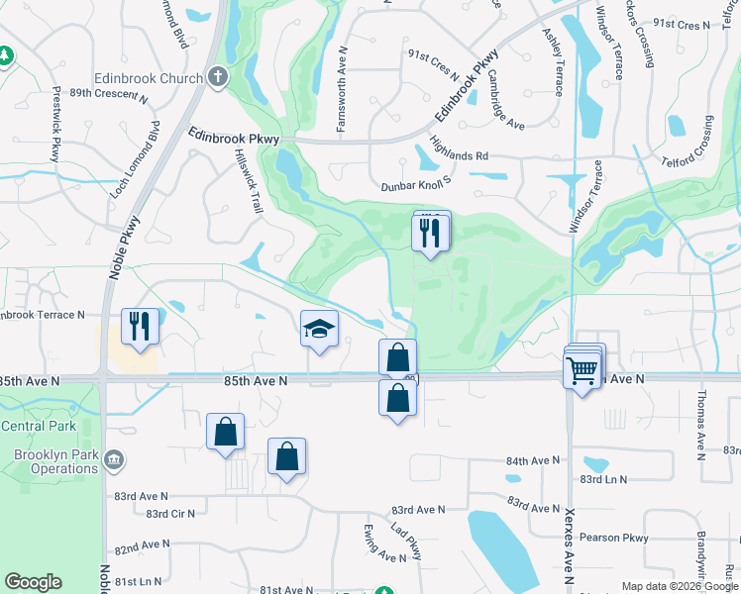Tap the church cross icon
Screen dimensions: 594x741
[218, 77]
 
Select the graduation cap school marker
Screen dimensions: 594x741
[320, 330]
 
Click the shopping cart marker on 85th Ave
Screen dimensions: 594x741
[581, 371]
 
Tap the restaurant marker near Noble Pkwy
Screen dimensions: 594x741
[140, 326]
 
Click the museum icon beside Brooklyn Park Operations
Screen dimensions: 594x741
[113, 460]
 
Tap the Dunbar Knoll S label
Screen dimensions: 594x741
[416, 184]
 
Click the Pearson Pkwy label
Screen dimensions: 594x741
[619, 538]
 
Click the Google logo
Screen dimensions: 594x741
[33, 582]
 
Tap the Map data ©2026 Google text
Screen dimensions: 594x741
[679, 586]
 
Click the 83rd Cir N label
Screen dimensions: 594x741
[170, 514]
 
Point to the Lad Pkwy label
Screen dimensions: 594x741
[405, 541]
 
